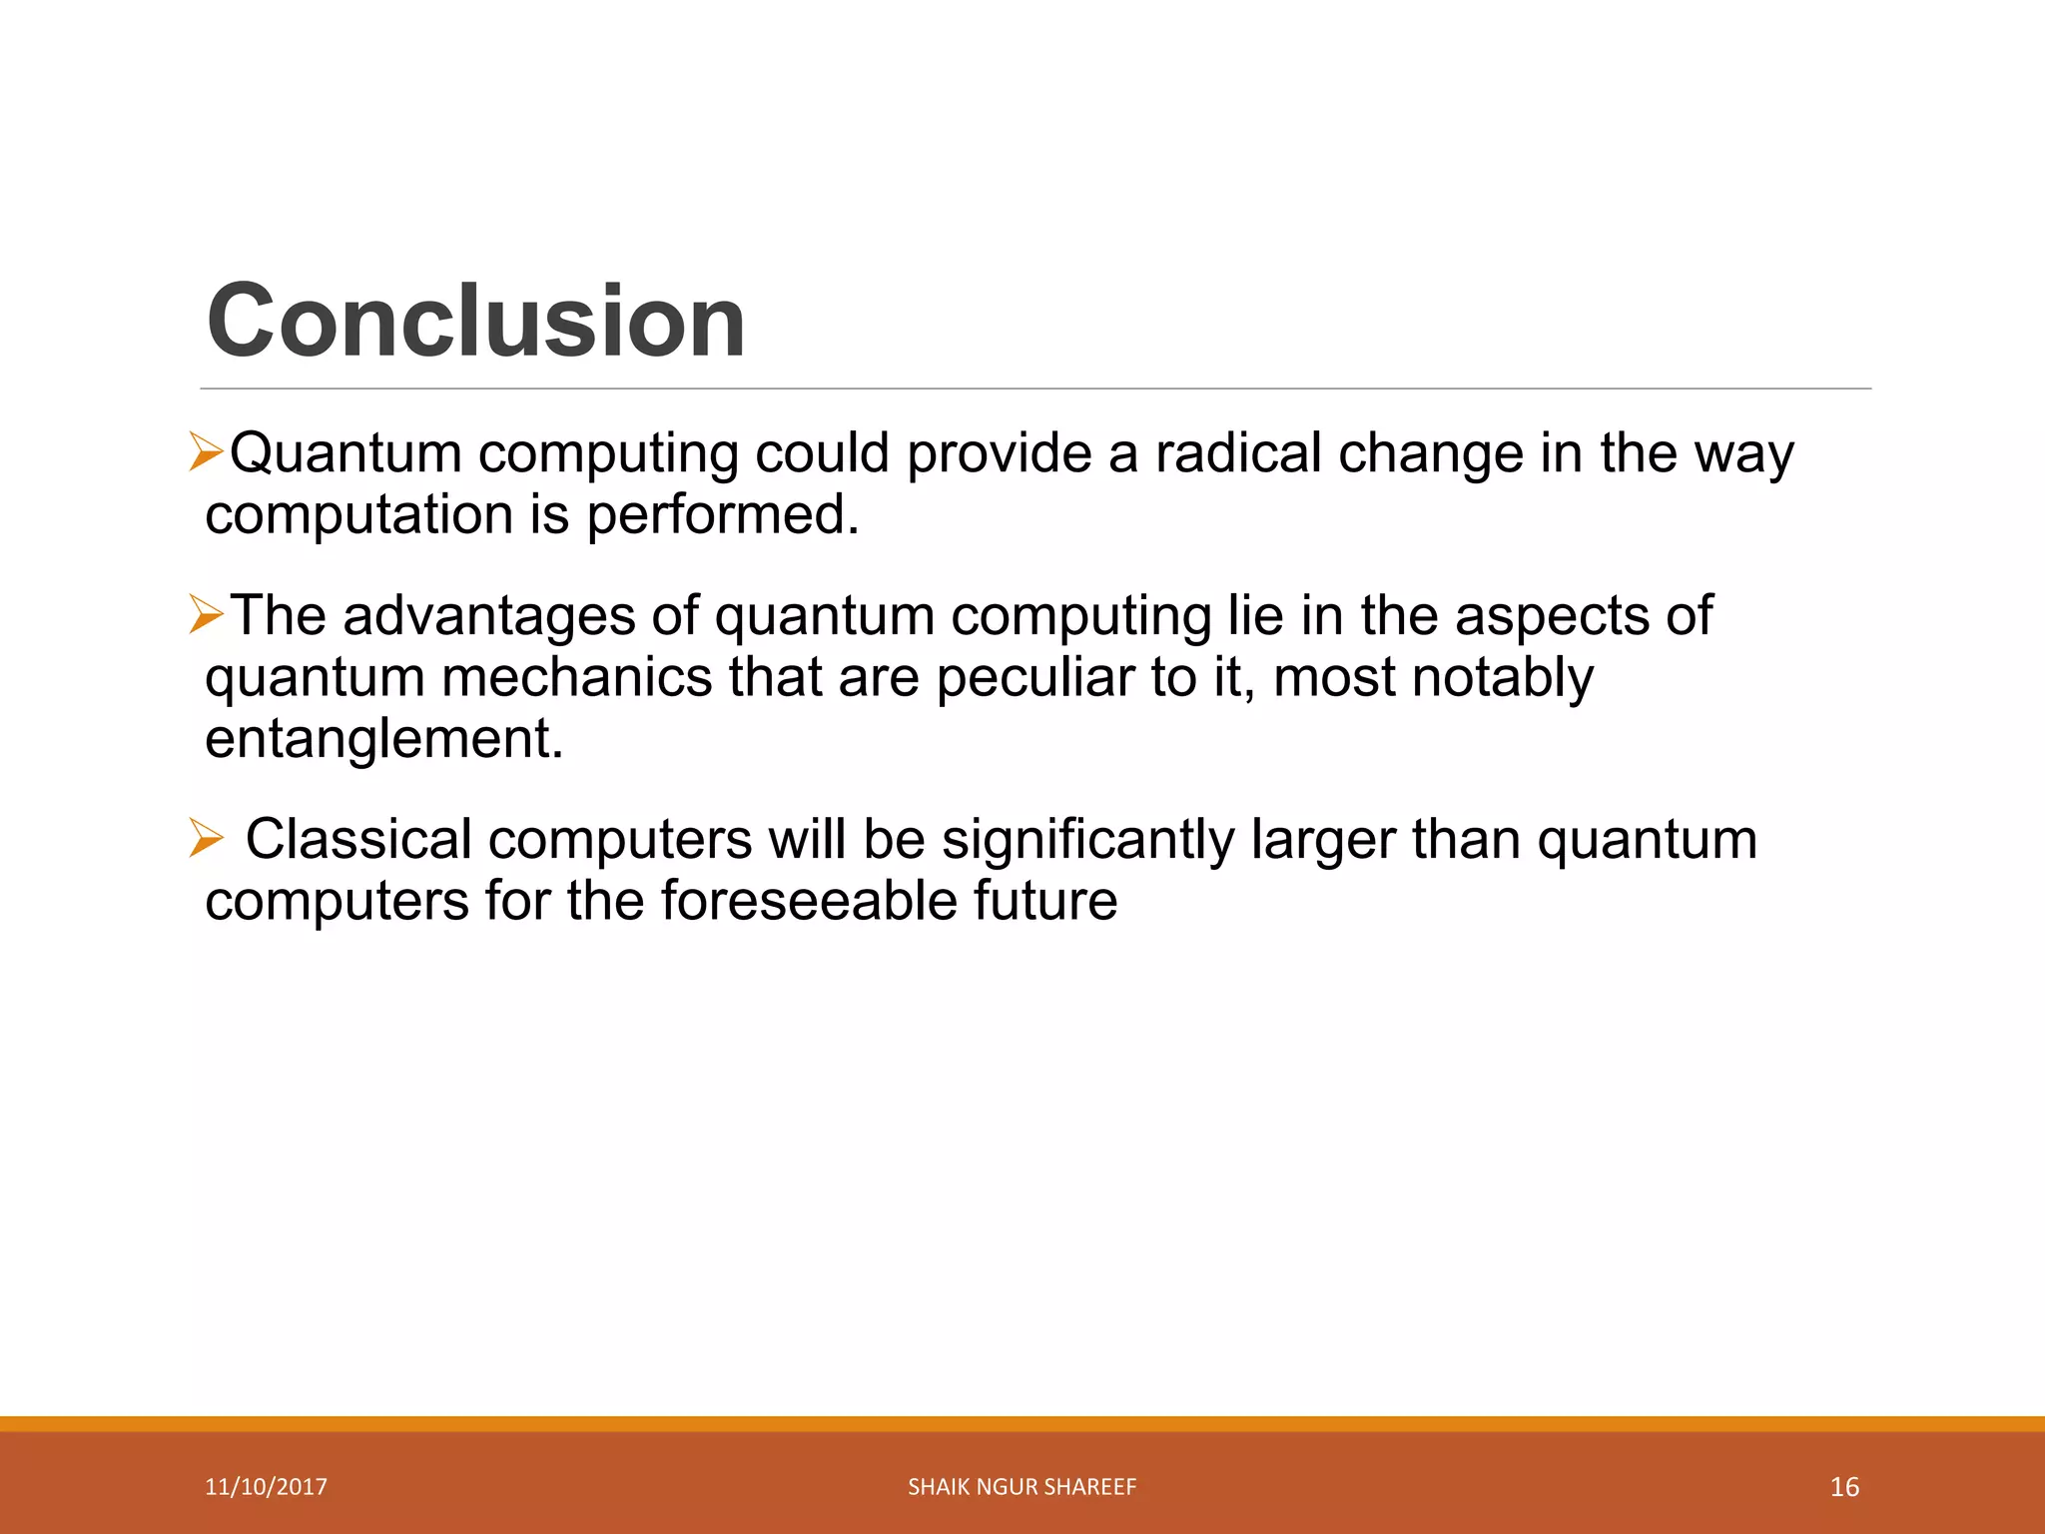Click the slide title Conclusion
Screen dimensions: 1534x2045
475,321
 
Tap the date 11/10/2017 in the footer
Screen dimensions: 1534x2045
266,1487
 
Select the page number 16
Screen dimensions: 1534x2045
1844,1487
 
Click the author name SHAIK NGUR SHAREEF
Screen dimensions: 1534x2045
1022,1487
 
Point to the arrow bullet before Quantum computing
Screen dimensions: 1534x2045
206,452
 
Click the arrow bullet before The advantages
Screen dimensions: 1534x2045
206,614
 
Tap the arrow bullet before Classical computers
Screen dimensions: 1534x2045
206,838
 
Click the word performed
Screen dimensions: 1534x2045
722,515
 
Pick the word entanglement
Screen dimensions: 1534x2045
384,739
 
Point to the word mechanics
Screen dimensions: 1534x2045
576,677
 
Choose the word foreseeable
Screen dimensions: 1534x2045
808,901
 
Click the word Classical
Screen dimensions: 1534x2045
358,839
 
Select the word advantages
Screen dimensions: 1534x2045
489,616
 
